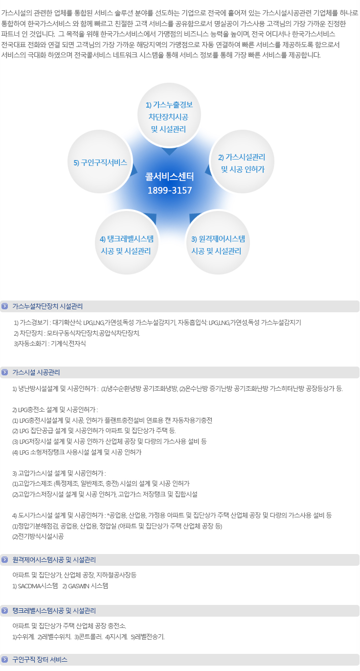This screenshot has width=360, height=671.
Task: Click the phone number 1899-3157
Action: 170,190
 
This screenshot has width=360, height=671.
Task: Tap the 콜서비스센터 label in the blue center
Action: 170,176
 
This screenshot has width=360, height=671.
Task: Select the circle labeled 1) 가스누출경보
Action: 169,115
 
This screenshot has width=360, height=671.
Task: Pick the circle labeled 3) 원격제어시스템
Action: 218,242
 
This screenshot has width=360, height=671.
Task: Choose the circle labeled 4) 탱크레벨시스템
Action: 127,242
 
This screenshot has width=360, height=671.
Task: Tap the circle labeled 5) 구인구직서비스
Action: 100,162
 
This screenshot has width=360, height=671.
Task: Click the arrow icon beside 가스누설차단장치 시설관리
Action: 5,306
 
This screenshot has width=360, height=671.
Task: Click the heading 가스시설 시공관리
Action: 36,372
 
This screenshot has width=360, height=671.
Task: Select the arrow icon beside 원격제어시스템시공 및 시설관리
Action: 5,559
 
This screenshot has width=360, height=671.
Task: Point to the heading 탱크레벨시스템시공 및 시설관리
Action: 54,610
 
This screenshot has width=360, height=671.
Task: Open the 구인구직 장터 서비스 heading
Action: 40,659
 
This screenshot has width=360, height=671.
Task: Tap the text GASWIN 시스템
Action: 88,586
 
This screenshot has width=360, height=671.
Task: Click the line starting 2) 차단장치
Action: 77,333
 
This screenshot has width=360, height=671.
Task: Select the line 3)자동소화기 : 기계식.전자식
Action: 50,344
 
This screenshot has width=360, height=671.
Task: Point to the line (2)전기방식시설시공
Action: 38,536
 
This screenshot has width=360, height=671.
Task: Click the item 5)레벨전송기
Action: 148,637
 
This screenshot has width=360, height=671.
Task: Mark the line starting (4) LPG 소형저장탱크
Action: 77,452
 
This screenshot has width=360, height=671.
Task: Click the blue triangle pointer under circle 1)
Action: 169,151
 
